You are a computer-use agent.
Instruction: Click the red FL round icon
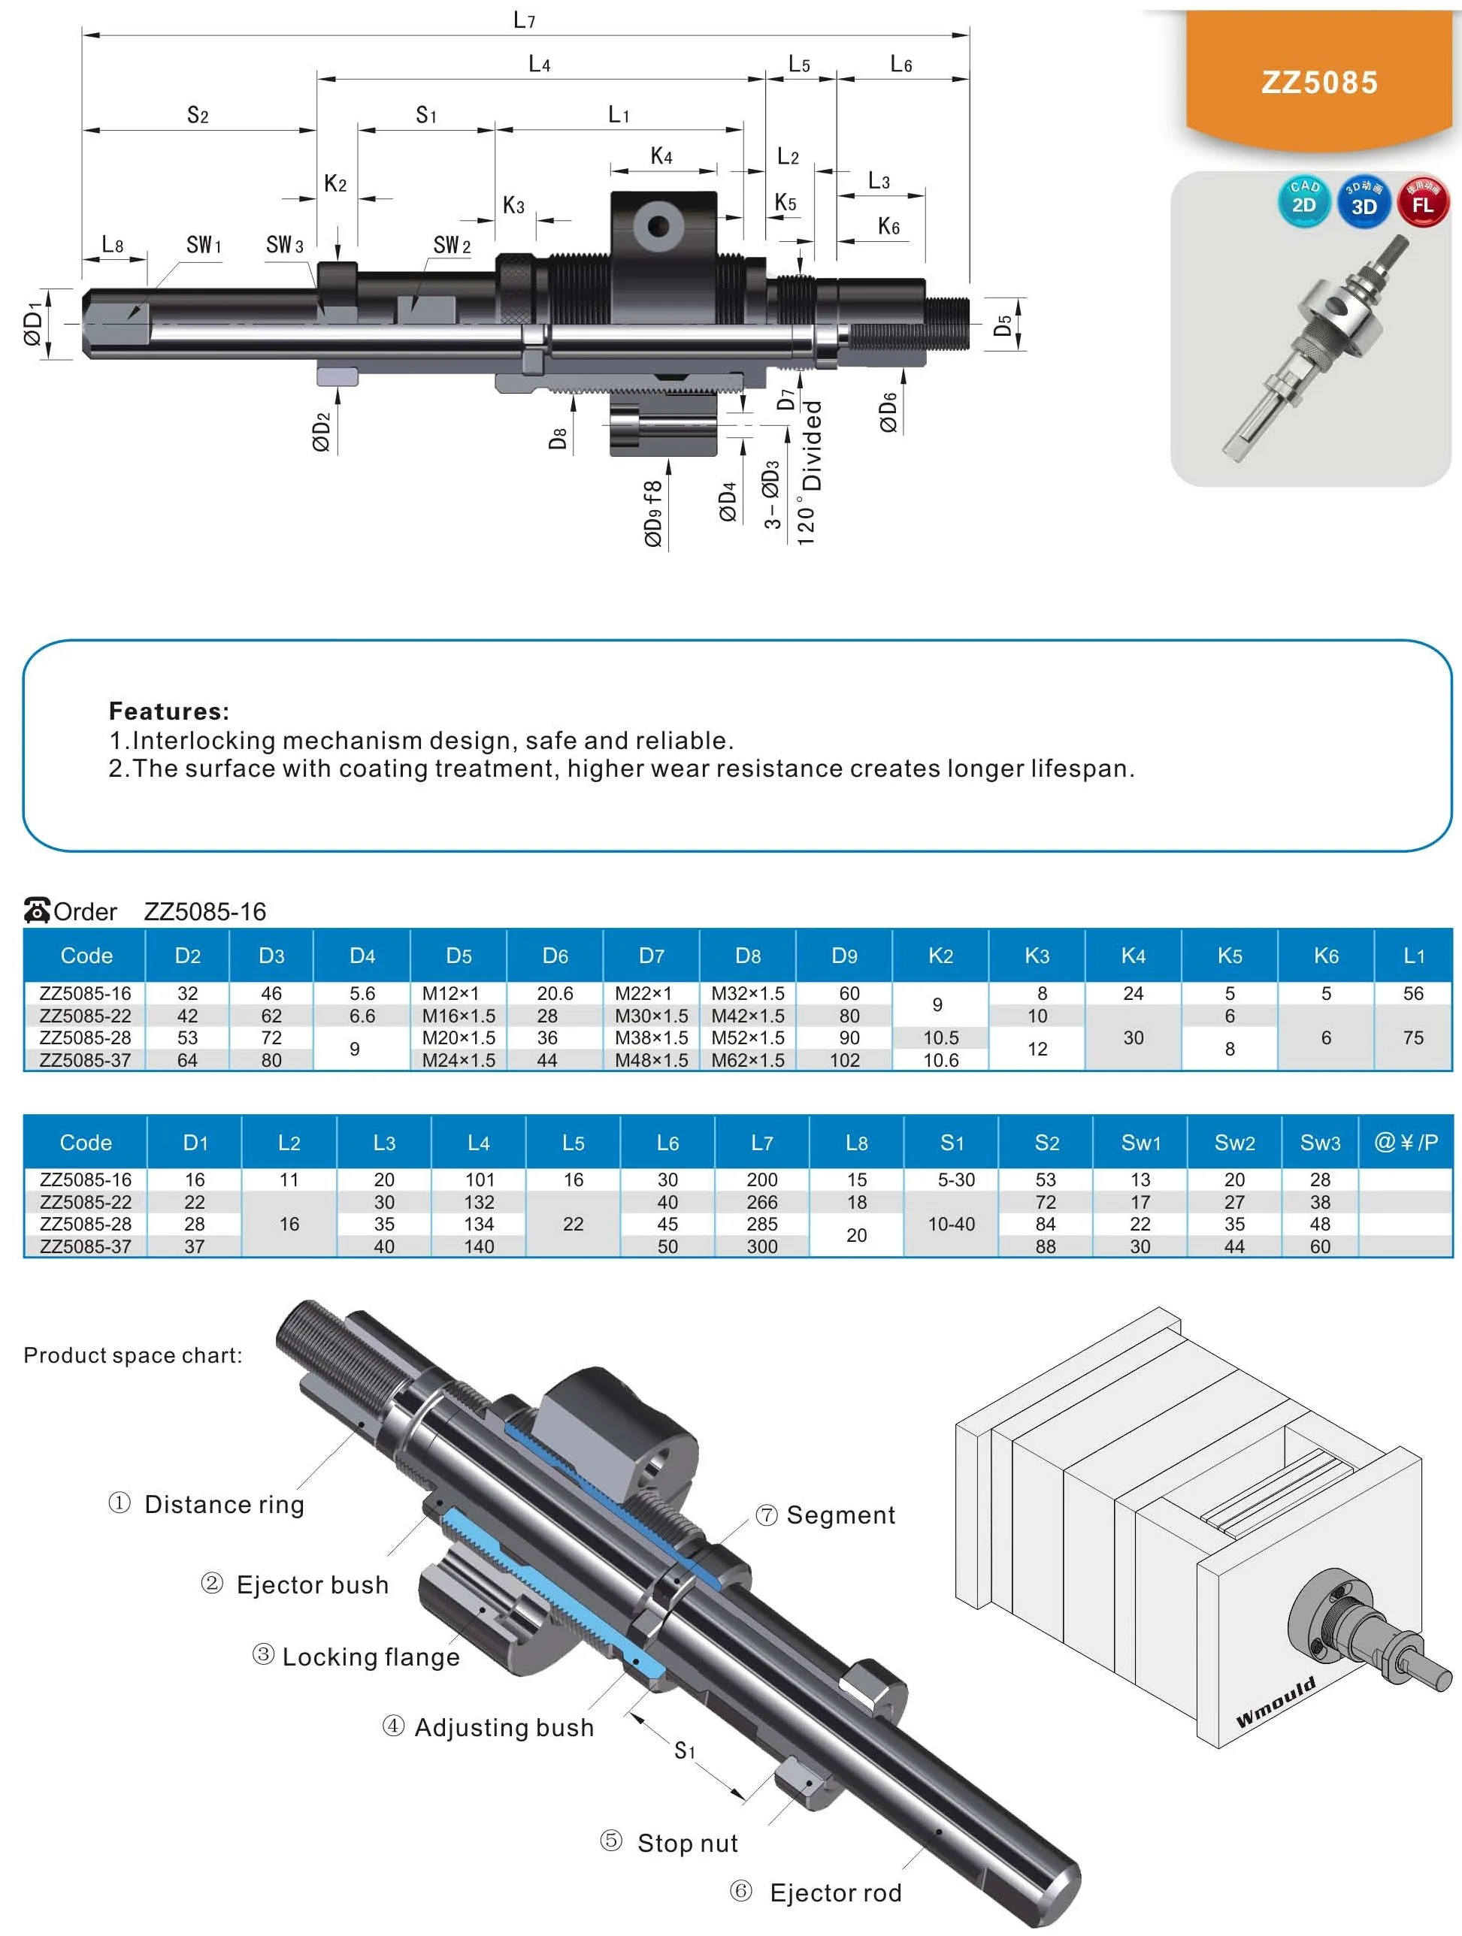click(1423, 201)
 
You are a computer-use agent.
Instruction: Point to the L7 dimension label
click(523, 20)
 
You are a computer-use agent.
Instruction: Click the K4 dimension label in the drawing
click(661, 156)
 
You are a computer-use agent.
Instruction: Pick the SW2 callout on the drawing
click(451, 246)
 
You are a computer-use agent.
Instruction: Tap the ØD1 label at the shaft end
click(33, 324)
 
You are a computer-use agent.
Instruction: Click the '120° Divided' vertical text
click(810, 473)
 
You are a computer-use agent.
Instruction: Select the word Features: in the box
click(168, 711)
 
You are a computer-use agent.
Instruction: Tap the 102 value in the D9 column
click(844, 1060)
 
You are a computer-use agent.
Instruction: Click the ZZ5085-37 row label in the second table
click(85, 1246)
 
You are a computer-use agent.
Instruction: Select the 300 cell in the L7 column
click(761, 1246)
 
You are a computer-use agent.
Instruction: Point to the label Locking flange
click(371, 1657)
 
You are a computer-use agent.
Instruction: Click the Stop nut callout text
click(687, 1844)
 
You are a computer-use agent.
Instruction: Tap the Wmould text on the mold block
click(1276, 1702)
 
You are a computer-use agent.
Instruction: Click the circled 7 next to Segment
click(766, 1515)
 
